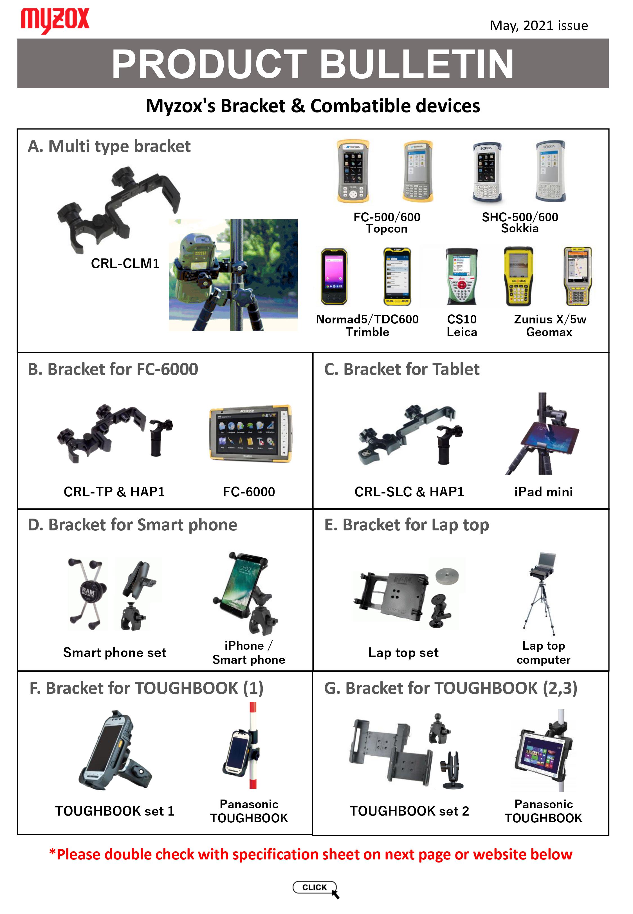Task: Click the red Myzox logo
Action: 55,20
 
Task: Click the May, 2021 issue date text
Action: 538,26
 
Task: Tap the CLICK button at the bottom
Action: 315,887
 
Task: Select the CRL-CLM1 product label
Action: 125,263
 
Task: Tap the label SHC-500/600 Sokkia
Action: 520,223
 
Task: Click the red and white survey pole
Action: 253,745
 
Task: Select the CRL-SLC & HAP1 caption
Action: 409,492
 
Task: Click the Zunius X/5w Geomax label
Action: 550,325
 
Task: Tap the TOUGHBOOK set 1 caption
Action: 115,811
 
